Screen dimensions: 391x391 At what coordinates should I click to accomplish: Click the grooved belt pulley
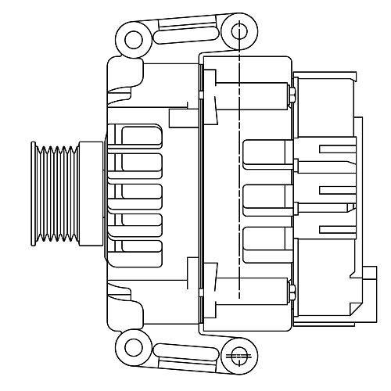coord(56,193)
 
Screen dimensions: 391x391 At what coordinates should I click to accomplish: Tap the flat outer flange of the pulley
coord(34,193)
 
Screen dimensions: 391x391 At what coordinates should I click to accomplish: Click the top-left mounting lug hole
coord(134,39)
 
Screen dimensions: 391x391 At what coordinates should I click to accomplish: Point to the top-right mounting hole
coord(239,31)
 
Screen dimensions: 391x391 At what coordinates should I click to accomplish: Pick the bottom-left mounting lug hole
coord(134,347)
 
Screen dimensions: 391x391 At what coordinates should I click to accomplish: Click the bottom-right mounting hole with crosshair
coord(239,357)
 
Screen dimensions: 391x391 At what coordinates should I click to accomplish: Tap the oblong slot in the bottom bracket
coord(185,353)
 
